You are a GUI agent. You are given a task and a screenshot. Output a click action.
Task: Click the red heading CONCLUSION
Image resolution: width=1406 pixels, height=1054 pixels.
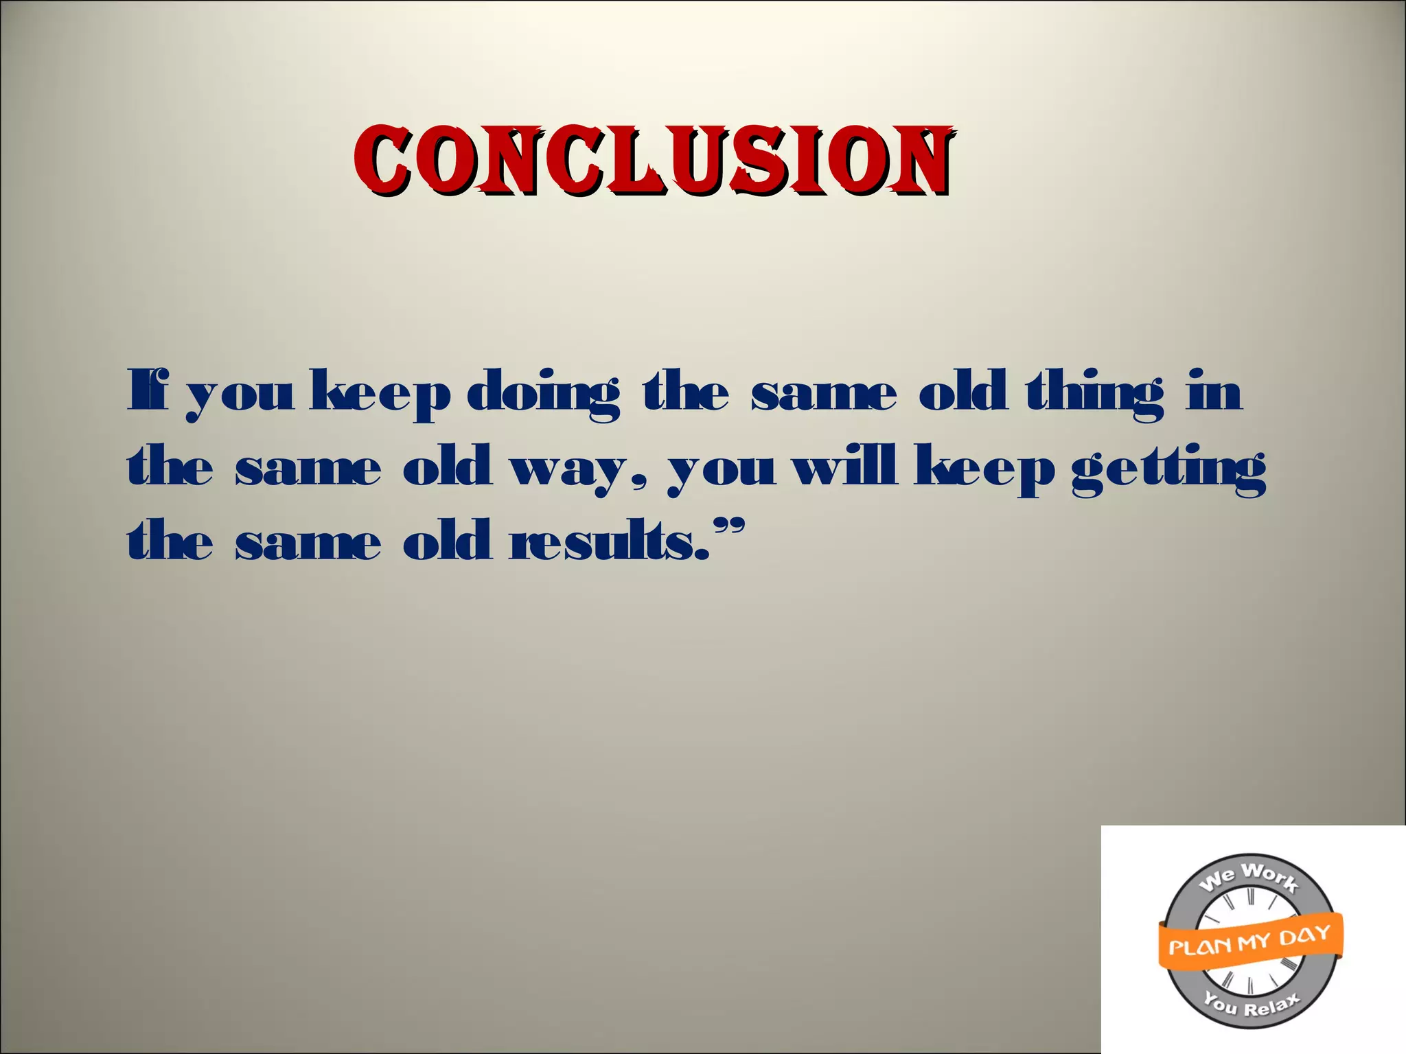653,160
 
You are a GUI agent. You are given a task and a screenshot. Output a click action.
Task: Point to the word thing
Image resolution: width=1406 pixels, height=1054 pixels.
1094,393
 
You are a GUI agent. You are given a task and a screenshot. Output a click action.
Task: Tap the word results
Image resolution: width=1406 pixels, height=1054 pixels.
607,541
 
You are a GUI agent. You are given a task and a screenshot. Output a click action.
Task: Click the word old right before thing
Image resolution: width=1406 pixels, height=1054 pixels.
963,392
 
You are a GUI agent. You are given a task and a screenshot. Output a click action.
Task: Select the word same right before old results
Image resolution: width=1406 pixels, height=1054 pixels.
308,541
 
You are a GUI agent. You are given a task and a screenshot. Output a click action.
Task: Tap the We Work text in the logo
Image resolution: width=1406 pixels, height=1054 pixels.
1248,878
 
